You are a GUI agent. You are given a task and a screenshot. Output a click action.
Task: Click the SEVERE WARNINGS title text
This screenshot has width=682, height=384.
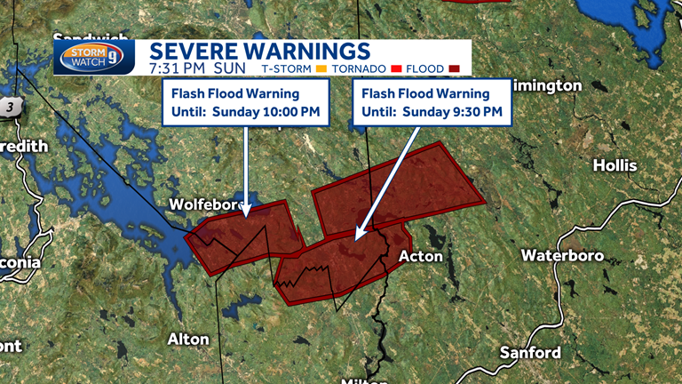pos(258,50)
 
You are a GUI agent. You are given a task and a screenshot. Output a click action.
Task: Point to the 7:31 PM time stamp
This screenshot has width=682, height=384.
pos(181,68)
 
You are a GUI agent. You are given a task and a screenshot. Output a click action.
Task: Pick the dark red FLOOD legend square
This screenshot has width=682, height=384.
pos(454,68)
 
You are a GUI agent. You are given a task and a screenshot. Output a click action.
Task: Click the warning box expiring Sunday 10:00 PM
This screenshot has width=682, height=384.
pos(246,103)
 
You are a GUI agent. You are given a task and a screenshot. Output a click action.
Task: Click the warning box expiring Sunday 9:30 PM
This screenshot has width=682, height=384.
pos(432,102)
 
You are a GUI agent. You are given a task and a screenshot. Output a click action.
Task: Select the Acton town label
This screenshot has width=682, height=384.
pos(420,256)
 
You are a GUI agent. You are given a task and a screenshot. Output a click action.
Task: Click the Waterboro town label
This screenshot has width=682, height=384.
pos(562,255)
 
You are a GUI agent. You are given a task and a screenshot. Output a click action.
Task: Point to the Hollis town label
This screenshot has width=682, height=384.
pos(615,165)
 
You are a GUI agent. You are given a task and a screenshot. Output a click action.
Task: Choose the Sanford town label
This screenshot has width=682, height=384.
pos(530,352)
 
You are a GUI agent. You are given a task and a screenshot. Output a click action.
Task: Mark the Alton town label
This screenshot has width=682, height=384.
pos(188,339)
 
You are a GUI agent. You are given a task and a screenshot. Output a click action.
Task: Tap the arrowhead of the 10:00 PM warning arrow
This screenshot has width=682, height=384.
pos(248,213)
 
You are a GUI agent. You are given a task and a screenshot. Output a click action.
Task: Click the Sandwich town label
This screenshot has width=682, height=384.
pos(90,38)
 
